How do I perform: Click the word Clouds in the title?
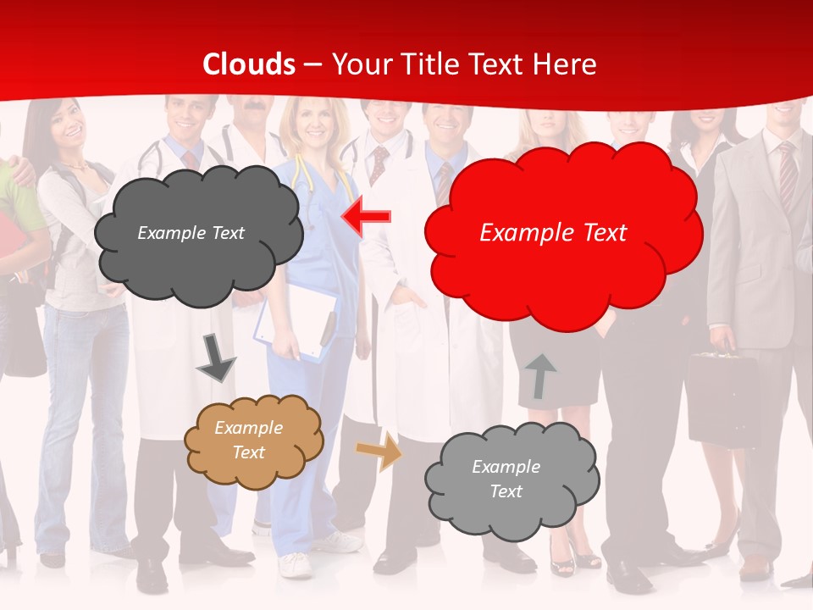[x=249, y=64]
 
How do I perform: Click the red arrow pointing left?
[x=366, y=217]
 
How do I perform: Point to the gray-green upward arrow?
[x=539, y=375]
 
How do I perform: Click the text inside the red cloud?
[x=553, y=233]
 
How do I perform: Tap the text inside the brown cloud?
[x=248, y=440]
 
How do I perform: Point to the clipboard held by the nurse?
[x=296, y=326]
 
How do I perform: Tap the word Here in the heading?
[x=567, y=64]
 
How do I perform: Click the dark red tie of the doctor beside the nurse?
[x=379, y=164]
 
